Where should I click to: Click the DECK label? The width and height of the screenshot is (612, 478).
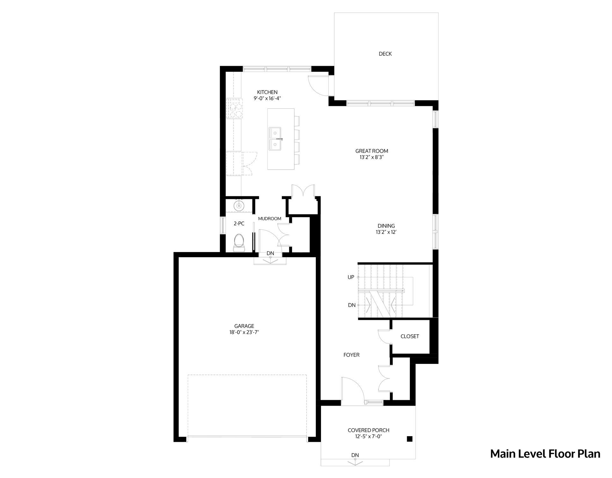(x=385, y=54)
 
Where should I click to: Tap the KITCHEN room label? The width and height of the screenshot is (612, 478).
(x=267, y=92)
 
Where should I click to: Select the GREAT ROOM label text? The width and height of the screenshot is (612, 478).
(x=372, y=151)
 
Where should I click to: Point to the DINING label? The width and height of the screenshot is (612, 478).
(x=386, y=226)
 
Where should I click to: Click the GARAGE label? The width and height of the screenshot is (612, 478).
(x=244, y=326)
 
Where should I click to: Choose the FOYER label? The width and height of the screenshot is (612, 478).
(x=351, y=355)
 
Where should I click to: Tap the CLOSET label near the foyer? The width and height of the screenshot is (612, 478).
(x=410, y=337)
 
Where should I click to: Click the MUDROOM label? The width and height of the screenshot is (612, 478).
(x=270, y=219)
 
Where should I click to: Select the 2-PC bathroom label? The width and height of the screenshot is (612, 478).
(x=239, y=224)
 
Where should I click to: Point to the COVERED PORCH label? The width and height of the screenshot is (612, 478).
(x=368, y=430)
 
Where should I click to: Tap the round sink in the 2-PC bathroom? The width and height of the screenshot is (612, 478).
(x=239, y=206)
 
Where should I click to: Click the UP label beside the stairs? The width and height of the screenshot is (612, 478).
(x=351, y=277)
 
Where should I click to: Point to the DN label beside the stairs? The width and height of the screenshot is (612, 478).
(x=352, y=305)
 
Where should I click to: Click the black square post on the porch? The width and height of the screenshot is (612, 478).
(x=410, y=439)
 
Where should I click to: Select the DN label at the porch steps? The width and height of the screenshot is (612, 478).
(x=355, y=455)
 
